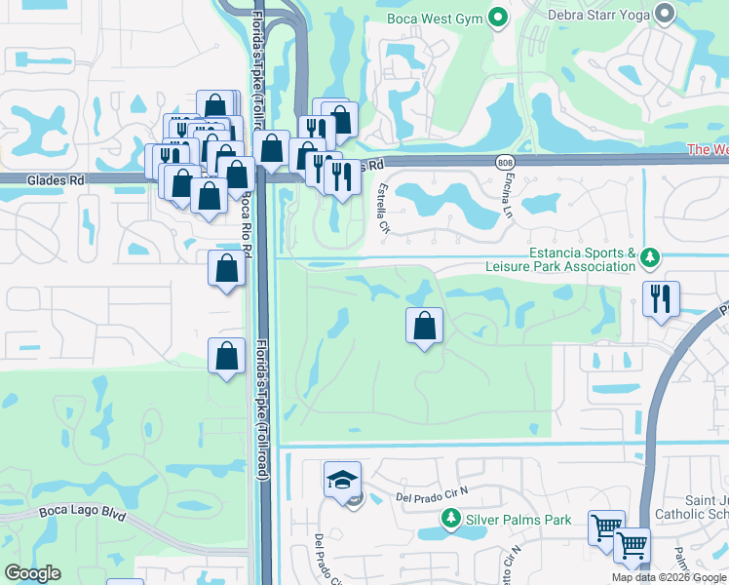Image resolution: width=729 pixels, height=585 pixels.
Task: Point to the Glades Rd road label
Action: pyautogui.click(x=56, y=179)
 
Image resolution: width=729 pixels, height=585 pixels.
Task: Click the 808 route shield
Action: pyautogui.click(x=504, y=162)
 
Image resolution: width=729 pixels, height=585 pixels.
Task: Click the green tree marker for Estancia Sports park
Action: pyautogui.click(x=650, y=258)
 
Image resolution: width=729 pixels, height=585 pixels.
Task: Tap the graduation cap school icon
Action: pyautogui.click(x=342, y=479)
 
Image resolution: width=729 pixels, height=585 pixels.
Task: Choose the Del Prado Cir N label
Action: pyautogui.click(x=433, y=497)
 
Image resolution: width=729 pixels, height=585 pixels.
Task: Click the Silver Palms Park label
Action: pyautogui.click(x=518, y=520)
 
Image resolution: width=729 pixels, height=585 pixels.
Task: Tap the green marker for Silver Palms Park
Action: pyautogui.click(x=451, y=521)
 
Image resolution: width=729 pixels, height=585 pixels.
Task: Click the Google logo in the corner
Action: pyautogui.click(x=33, y=573)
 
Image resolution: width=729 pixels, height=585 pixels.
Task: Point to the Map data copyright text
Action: pyautogui.click(x=670, y=577)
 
